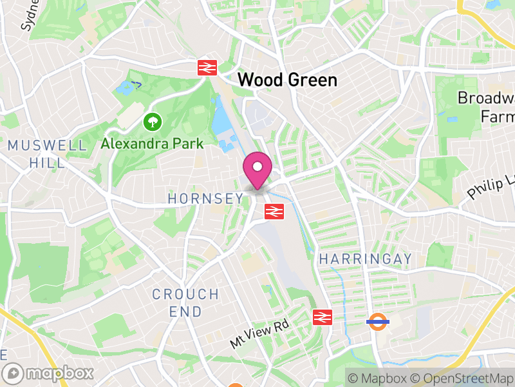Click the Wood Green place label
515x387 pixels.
pos(287,80)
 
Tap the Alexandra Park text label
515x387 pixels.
pos(152,143)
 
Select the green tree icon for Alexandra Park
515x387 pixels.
pos(153,121)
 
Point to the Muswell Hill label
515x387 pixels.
pos(47,154)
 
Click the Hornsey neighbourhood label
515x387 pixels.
pos(205,199)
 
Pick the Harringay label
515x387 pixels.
pos(365,259)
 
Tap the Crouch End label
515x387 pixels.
pos(185,303)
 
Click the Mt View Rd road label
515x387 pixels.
pos(259,334)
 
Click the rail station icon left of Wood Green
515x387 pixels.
pos(207,67)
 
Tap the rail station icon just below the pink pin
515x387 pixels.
pos(274,210)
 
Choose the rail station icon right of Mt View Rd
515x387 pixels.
pos(321,317)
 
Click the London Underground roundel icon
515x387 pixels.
pos(377,321)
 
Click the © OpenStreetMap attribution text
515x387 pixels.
pos(462,377)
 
